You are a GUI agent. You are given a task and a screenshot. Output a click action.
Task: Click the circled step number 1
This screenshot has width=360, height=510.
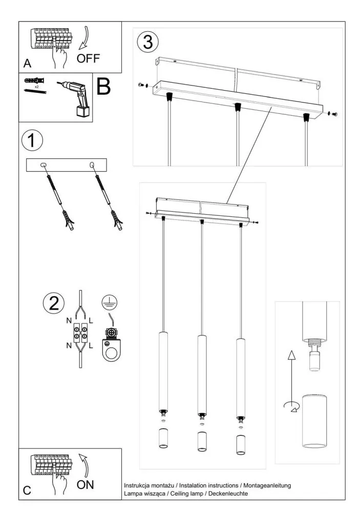coord(33,140)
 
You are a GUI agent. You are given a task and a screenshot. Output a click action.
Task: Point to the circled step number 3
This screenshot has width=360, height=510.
coord(147,43)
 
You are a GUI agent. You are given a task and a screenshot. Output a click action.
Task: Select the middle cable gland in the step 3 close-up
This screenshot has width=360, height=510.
coord(237,107)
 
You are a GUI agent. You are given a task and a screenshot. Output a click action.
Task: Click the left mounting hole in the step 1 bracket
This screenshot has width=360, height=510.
coord(44,165)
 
